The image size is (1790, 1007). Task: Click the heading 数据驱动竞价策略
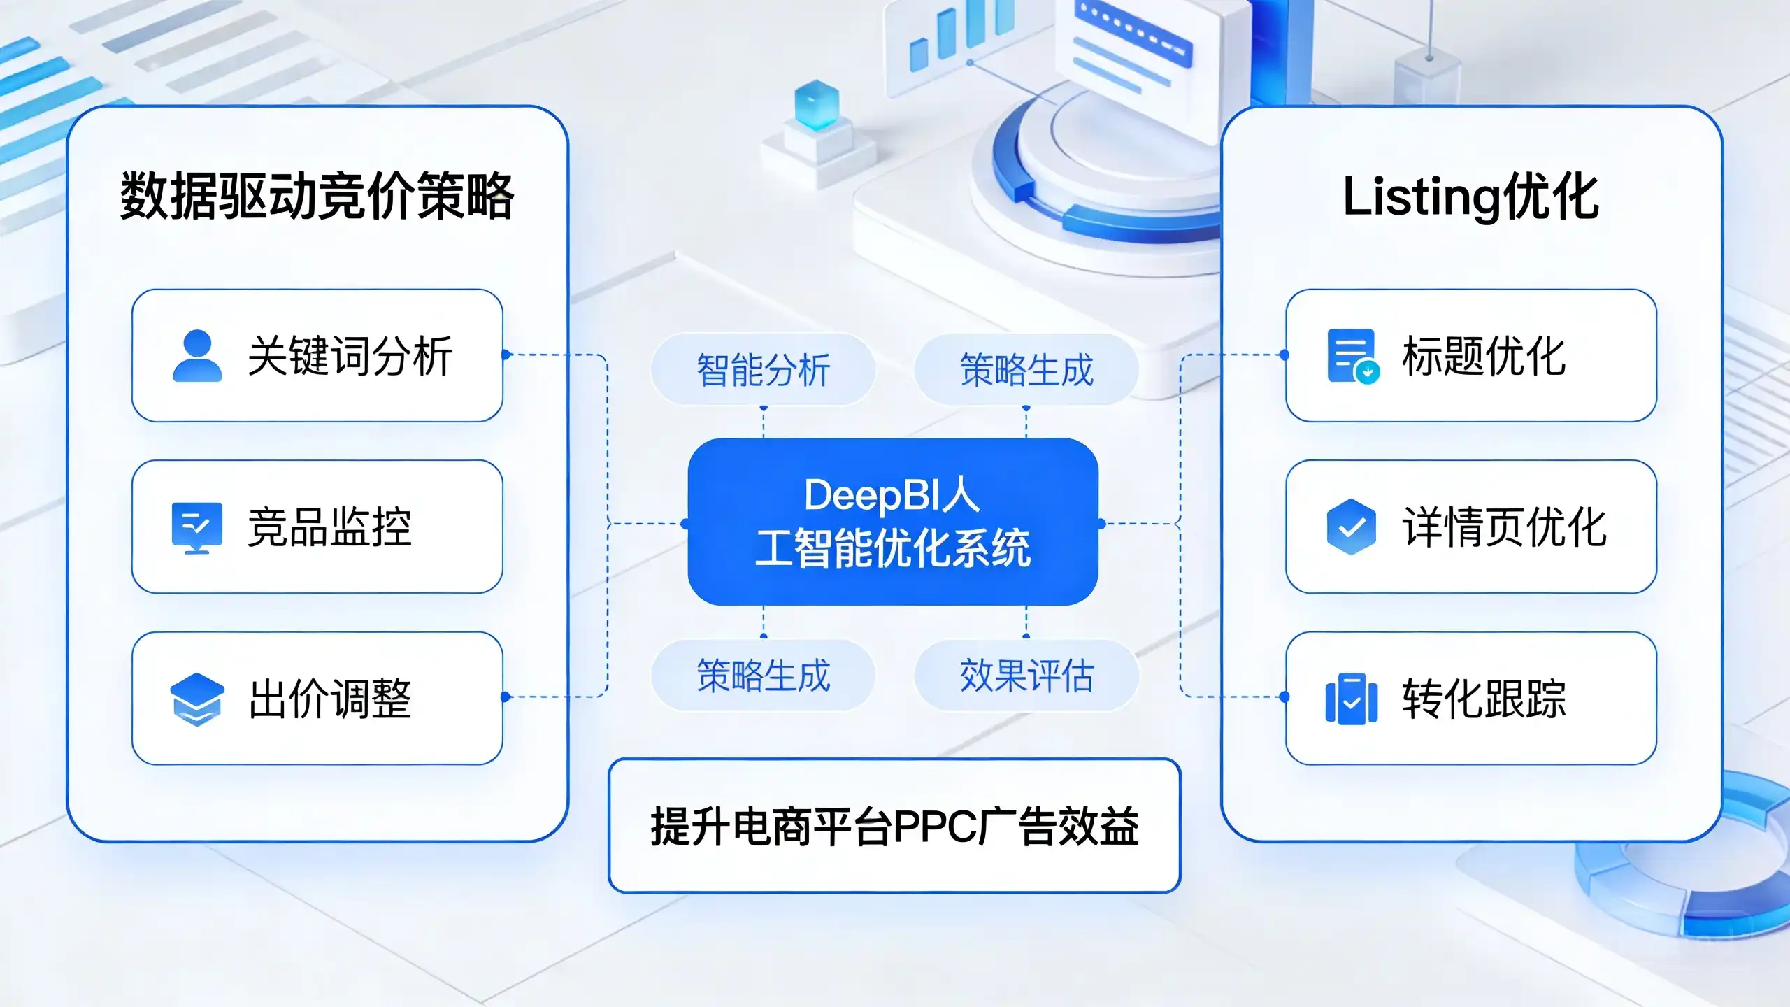click(x=317, y=197)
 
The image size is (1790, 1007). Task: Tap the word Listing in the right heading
click(x=1422, y=198)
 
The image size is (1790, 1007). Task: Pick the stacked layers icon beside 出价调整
click(x=197, y=699)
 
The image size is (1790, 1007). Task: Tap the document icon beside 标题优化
click(x=1353, y=356)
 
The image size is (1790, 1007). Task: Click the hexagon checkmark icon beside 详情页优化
click(x=1351, y=527)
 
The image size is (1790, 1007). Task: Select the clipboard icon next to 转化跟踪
click(x=1352, y=699)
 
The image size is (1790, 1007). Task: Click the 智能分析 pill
click(x=764, y=369)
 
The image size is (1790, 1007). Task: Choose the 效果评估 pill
click(x=1026, y=676)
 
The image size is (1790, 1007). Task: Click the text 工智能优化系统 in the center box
click(x=893, y=548)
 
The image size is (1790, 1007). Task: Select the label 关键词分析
click(x=350, y=356)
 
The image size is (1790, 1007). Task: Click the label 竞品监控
click(x=329, y=527)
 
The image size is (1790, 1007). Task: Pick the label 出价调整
click(x=329, y=699)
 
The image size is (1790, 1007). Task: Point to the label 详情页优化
click(x=1504, y=527)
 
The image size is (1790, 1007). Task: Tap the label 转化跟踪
click(x=1484, y=699)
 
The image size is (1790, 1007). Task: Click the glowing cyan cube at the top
click(x=817, y=105)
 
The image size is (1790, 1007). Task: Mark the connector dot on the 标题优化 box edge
click(x=1284, y=355)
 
